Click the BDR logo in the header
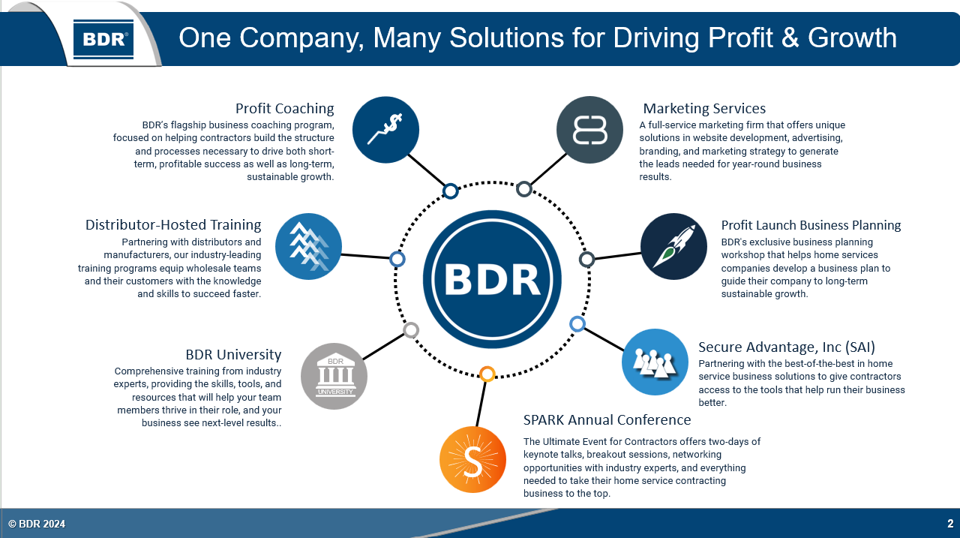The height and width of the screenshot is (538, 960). pyautogui.click(x=103, y=39)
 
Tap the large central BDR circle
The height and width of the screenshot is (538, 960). pyautogui.click(x=492, y=279)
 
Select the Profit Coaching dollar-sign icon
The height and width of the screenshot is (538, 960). pyautogui.click(x=385, y=130)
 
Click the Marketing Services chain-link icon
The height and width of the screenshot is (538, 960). pyautogui.click(x=589, y=130)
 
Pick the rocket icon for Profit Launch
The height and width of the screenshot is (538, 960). pyautogui.click(x=673, y=247)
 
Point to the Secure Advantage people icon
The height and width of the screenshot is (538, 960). pyautogui.click(x=655, y=362)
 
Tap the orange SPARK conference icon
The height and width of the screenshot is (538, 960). pyautogui.click(x=472, y=459)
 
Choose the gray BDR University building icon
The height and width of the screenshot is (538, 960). pyautogui.click(x=334, y=376)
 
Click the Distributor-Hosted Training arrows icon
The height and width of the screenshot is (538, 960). pyautogui.click(x=308, y=247)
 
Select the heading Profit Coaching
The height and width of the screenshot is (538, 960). pyautogui.click(x=284, y=109)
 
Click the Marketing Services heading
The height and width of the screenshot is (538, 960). pyautogui.click(x=704, y=109)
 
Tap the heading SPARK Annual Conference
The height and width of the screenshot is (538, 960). pyautogui.click(x=607, y=419)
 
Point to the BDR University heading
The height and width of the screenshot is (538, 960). pyautogui.click(x=233, y=354)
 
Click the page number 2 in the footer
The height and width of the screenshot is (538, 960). pyautogui.click(x=950, y=524)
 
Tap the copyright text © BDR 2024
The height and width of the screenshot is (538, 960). pyautogui.click(x=37, y=524)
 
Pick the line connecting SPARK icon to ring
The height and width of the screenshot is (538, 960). pyautogui.click(x=481, y=404)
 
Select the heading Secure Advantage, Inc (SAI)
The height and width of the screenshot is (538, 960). pyautogui.click(x=787, y=347)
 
